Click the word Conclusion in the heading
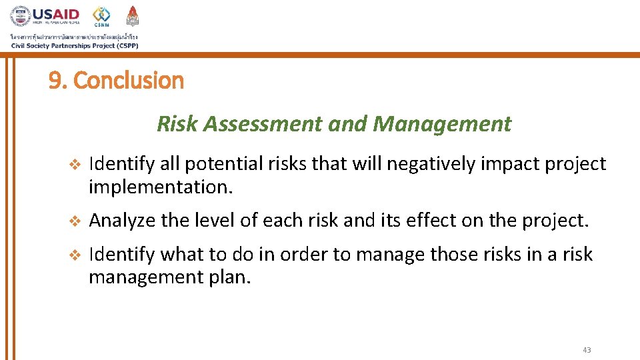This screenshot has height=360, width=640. [x=128, y=81]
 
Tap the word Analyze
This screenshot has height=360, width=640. [x=121, y=220]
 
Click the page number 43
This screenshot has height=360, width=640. [x=587, y=350]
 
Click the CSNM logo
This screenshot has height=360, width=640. [x=101, y=15]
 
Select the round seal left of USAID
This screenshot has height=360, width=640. [x=19, y=16]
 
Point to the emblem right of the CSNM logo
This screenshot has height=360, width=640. [x=133, y=15]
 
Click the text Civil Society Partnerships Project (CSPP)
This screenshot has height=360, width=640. [x=74, y=45]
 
